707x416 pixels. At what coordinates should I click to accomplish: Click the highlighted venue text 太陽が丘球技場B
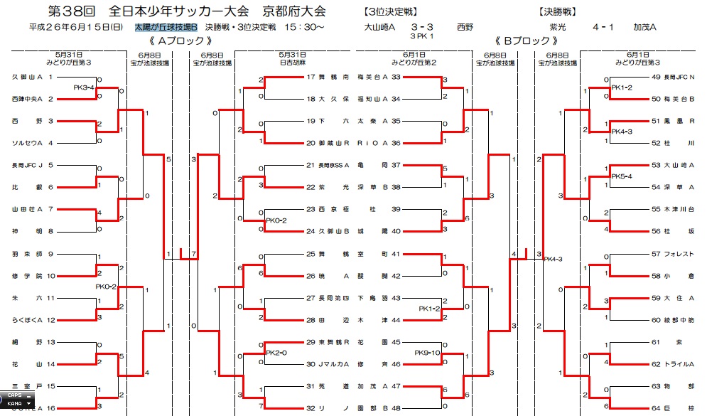point(165,27)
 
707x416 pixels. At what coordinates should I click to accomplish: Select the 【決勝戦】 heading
point(551,11)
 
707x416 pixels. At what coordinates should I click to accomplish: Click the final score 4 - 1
point(603,27)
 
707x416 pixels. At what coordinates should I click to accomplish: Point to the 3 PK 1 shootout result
point(421,36)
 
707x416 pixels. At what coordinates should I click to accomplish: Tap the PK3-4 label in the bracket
point(85,87)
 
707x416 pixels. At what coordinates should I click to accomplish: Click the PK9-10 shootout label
point(428,353)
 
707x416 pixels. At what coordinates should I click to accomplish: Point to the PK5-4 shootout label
point(622,176)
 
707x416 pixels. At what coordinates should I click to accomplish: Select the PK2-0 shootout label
point(276,353)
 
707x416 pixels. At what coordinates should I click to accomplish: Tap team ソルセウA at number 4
point(28,143)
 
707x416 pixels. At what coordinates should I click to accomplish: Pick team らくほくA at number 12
point(28,320)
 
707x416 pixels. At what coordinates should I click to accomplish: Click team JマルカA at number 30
point(332,364)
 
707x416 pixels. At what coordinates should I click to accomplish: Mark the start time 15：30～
point(303,27)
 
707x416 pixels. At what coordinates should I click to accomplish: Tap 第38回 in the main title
point(71,11)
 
